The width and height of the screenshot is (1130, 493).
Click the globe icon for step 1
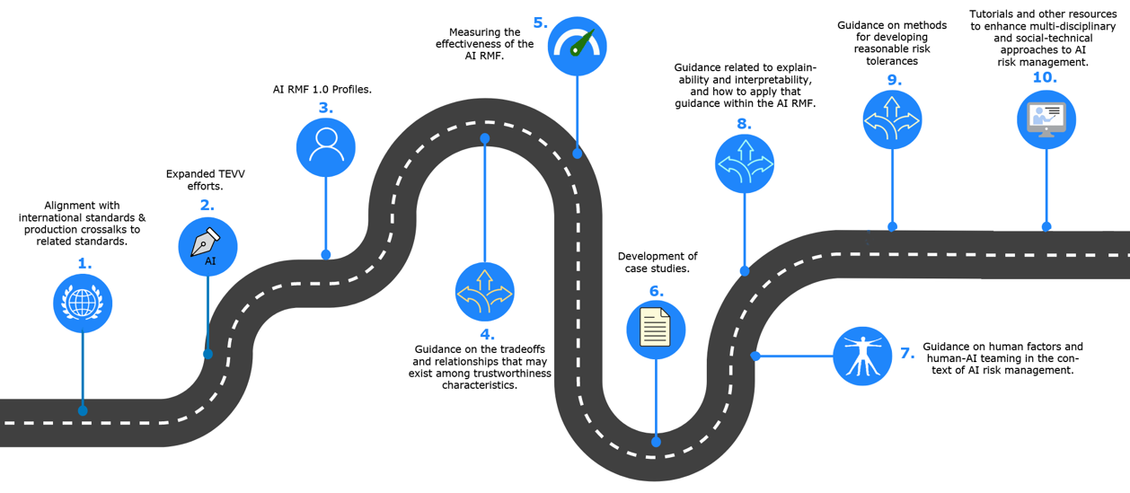(83, 304)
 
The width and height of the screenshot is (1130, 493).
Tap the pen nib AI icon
(207, 247)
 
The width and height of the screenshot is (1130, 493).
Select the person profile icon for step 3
(325, 146)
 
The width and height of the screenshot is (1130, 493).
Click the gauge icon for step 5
(577, 45)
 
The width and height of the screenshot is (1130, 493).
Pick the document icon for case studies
(656, 330)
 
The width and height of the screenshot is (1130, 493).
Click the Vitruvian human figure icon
(862, 356)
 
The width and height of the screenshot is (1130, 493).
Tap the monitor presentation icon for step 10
(1046, 119)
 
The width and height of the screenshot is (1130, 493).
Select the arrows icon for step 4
(485, 292)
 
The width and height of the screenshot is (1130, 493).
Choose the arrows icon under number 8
(745, 164)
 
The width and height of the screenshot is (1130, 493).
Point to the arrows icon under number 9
(892, 119)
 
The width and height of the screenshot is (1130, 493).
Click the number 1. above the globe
(84, 264)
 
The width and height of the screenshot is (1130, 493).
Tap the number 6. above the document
(656, 291)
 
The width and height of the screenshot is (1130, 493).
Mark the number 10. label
(1044, 78)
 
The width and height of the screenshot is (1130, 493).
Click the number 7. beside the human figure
(907, 353)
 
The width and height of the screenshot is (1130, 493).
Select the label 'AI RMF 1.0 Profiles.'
(322, 90)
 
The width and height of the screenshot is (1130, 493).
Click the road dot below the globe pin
(83, 410)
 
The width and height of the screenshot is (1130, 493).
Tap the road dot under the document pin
(656, 442)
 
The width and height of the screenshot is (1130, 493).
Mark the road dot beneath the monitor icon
(1046, 227)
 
